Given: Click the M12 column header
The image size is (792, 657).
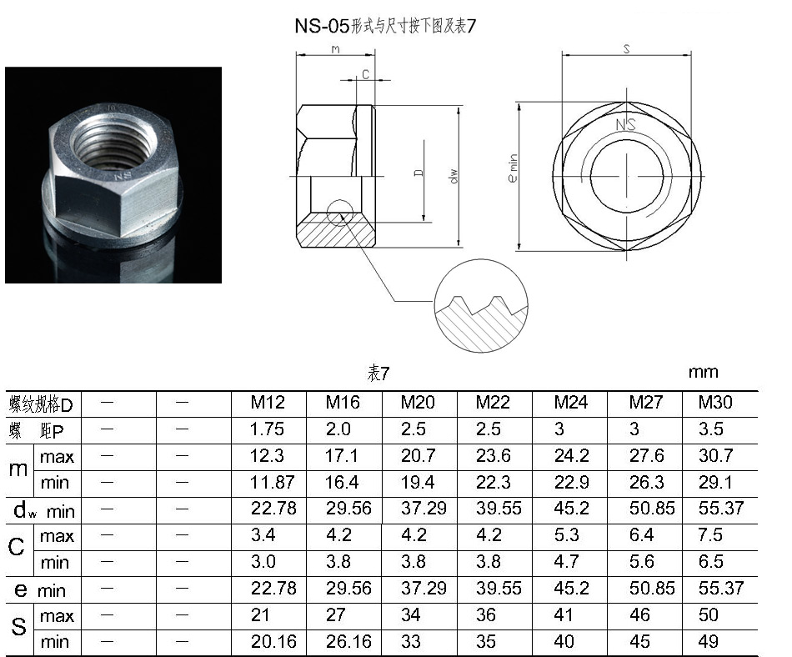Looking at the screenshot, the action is coord(268,403).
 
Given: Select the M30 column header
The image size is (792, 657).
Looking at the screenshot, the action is coord(715,403).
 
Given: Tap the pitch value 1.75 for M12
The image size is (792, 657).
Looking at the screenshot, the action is coord(268,429).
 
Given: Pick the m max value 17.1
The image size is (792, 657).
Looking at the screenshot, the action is coord(342,456).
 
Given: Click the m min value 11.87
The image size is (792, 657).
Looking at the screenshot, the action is coord(273,482).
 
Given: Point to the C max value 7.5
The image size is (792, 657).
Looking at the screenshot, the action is coord(710,534).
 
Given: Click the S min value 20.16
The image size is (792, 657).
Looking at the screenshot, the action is coord(273,641).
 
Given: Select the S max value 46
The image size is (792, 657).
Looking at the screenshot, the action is coord(639,615).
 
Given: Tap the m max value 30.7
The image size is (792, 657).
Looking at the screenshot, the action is coord(716,456).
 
